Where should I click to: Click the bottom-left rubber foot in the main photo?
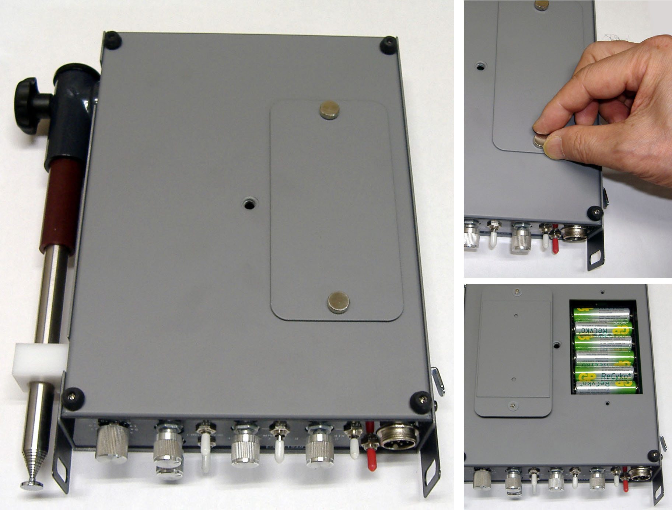(74, 398)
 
